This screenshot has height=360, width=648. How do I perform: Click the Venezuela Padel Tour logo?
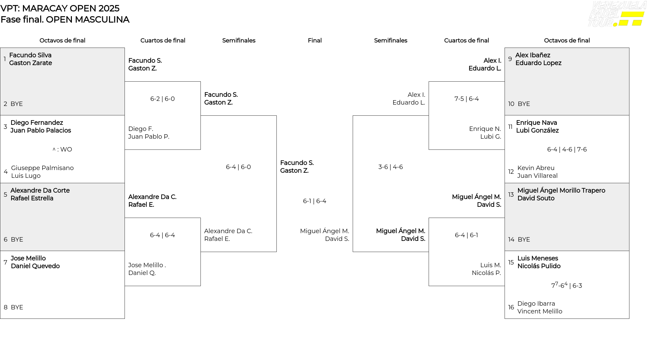617,14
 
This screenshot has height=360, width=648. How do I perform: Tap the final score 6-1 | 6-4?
315,201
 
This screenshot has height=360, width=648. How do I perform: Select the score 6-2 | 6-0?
162,99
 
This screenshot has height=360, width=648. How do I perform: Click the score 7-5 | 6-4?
466,99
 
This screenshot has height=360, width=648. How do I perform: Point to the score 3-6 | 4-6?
390,167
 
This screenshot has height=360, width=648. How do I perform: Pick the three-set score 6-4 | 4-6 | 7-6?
567,149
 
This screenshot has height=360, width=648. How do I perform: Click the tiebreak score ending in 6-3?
567,285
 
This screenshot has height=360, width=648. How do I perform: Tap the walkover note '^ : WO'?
62,149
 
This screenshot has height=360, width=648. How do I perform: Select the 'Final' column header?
315,40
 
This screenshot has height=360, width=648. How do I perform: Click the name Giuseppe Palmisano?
42,168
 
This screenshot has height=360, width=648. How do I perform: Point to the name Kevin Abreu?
536,168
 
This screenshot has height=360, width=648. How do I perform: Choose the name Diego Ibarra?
536,304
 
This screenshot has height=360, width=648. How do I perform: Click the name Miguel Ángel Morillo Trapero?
561,191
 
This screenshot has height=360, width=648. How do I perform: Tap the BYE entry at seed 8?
17,307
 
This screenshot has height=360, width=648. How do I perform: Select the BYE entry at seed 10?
524,104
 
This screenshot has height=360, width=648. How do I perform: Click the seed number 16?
511,307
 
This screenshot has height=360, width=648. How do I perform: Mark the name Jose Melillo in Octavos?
28,258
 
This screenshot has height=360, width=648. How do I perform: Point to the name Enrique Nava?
536,123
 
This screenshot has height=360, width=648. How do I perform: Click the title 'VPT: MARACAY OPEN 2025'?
60,8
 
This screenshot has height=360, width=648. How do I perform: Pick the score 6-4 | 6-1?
466,235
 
